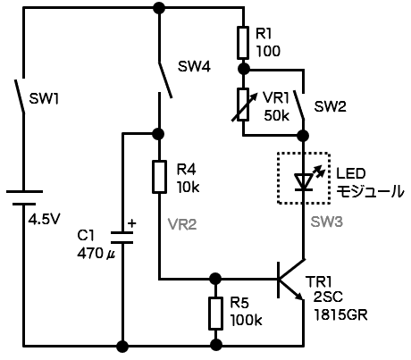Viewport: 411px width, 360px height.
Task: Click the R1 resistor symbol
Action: click(x=243, y=43)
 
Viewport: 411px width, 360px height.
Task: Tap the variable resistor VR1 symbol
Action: click(x=244, y=105)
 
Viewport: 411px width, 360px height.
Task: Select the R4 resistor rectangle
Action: click(x=159, y=177)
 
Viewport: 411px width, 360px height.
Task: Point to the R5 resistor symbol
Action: click(x=215, y=314)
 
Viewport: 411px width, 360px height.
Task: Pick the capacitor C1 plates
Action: click(x=122, y=238)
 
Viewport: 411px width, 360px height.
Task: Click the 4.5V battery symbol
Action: click(x=24, y=197)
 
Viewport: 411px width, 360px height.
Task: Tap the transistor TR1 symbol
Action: click(x=291, y=280)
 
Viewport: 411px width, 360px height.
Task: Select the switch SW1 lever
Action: click(x=20, y=96)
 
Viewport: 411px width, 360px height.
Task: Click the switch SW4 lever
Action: click(x=165, y=80)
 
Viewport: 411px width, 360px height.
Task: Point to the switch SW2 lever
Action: click(x=298, y=105)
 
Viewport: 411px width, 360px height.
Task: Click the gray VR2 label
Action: click(x=182, y=224)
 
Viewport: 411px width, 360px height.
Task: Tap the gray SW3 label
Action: click(x=327, y=222)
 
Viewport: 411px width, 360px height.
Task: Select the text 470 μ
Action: click(x=96, y=254)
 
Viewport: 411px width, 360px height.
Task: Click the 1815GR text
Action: click(x=340, y=314)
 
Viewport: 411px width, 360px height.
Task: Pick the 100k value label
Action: click(x=246, y=320)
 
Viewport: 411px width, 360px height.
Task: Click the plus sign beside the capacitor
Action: click(x=131, y=223)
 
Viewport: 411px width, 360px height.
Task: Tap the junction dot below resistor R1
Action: click(x=244, y=70)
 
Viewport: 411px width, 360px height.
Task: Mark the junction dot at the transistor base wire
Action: click(x=215, y=279)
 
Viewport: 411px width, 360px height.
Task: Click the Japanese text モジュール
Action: click(x=370, y=191)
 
